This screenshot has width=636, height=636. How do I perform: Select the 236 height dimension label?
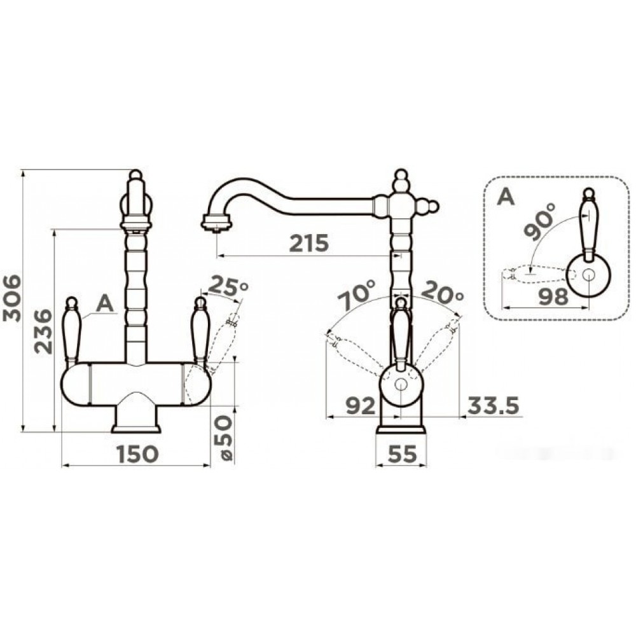(43, 331)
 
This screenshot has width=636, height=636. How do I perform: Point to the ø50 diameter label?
(225, 438)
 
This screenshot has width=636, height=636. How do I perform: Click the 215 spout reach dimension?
(308, 244)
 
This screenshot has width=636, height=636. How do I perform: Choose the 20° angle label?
(442, 292)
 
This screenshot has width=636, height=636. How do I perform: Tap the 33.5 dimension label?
(494, 406)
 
